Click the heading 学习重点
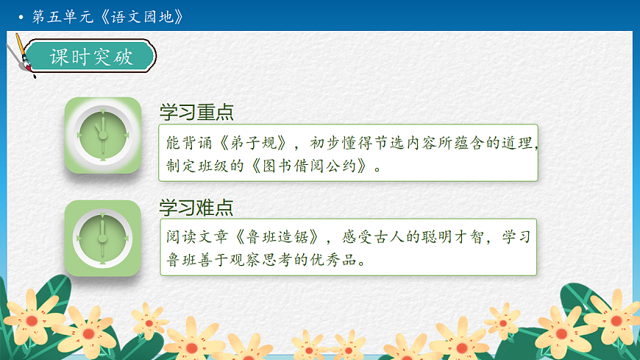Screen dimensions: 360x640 pyautogui.click(x=196, y=113)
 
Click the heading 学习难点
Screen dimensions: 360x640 pyautogui.click(x=196, y=207)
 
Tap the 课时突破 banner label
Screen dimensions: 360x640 pyautogui.click(x=91, y=57)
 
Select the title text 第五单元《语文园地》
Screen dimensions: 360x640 pyautogui.click(x=107, y=15)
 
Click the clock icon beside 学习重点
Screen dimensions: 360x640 pyautogui.click(x=102, y=135)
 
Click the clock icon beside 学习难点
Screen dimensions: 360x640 pyautogui.click(x=102, y=238)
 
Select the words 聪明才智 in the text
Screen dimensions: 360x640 pyautogui.click(x=449, y=237)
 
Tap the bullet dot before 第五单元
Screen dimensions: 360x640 pyautogui.click(x=21, y=16)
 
